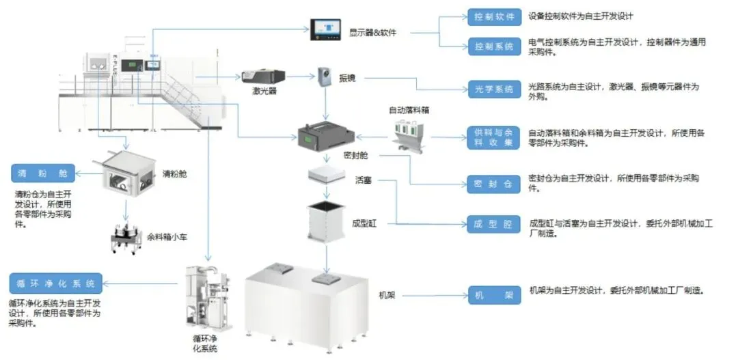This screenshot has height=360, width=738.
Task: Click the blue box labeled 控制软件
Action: click(490, 16)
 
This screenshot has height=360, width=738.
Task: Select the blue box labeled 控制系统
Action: click(490, 46)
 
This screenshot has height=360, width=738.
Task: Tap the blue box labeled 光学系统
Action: click(490, 89)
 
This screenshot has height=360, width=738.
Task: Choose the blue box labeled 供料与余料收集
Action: click(490, 137)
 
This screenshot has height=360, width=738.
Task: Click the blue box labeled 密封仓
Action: click(490, 183)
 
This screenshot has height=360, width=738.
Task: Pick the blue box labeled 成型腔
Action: click(490, 224)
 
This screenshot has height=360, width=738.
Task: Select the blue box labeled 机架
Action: click(490, 295)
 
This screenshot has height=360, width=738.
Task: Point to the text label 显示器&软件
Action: click(373, 32)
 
